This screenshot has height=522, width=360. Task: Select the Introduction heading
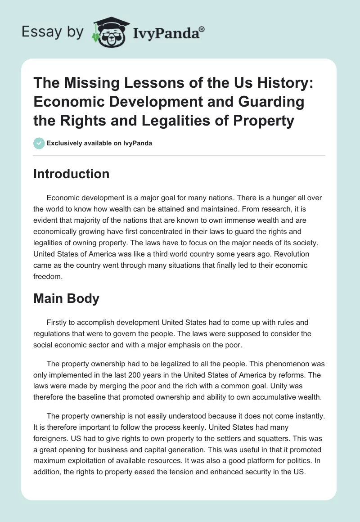(x=71, y=174)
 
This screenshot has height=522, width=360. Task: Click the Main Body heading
(x=66, y=299)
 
